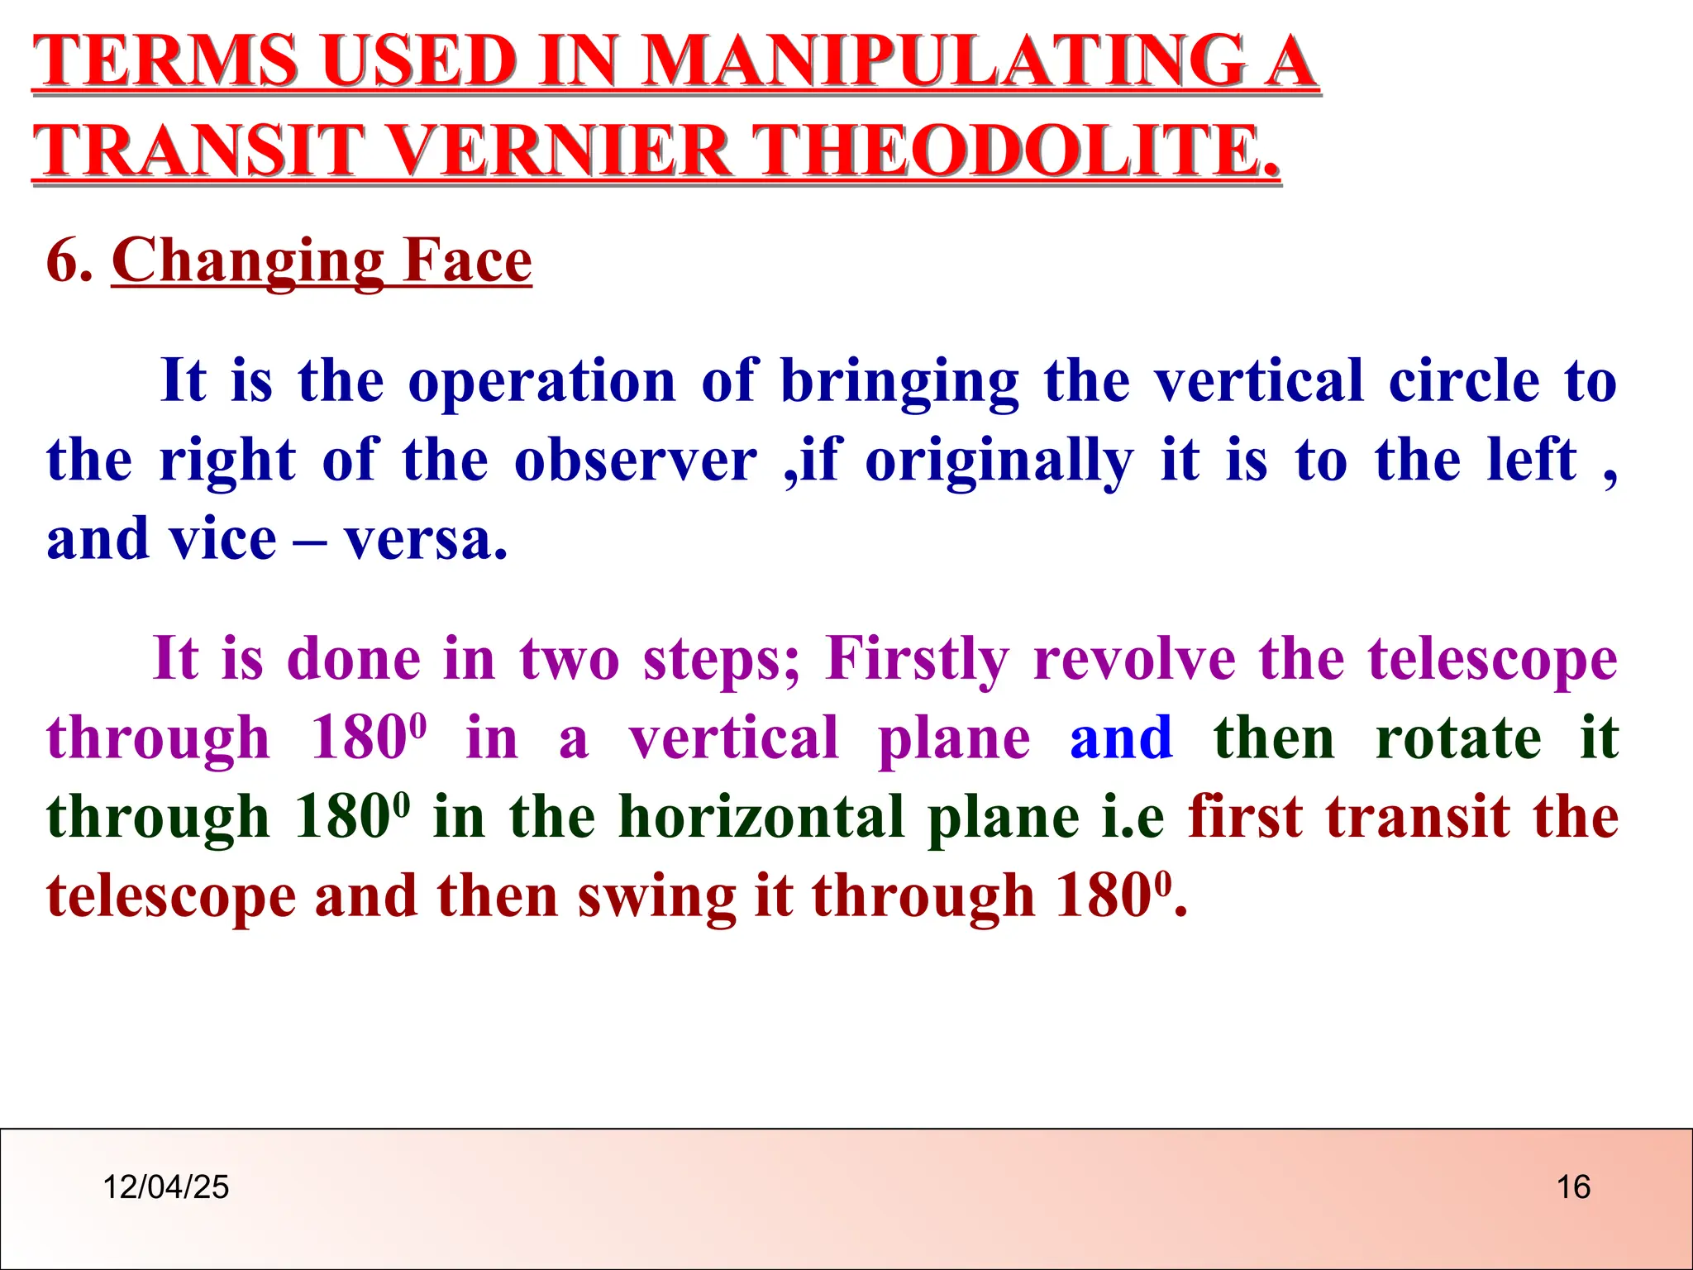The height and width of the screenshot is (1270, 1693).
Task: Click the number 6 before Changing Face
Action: pos(64,260)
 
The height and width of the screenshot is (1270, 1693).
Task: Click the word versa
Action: pos(425,539)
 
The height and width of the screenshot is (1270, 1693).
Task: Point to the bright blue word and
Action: pos(1121,738)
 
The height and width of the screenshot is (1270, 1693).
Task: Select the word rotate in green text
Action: pos(1458,738)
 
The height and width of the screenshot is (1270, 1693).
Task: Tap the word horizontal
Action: pos(761,817)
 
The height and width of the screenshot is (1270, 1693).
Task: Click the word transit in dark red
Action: pos(1419,817)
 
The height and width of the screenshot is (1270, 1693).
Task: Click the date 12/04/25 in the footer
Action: pos(165,1187)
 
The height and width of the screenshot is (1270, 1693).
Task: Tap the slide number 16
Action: pos(1573,1187)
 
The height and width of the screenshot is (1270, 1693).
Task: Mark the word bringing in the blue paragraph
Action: pos(899,382)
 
